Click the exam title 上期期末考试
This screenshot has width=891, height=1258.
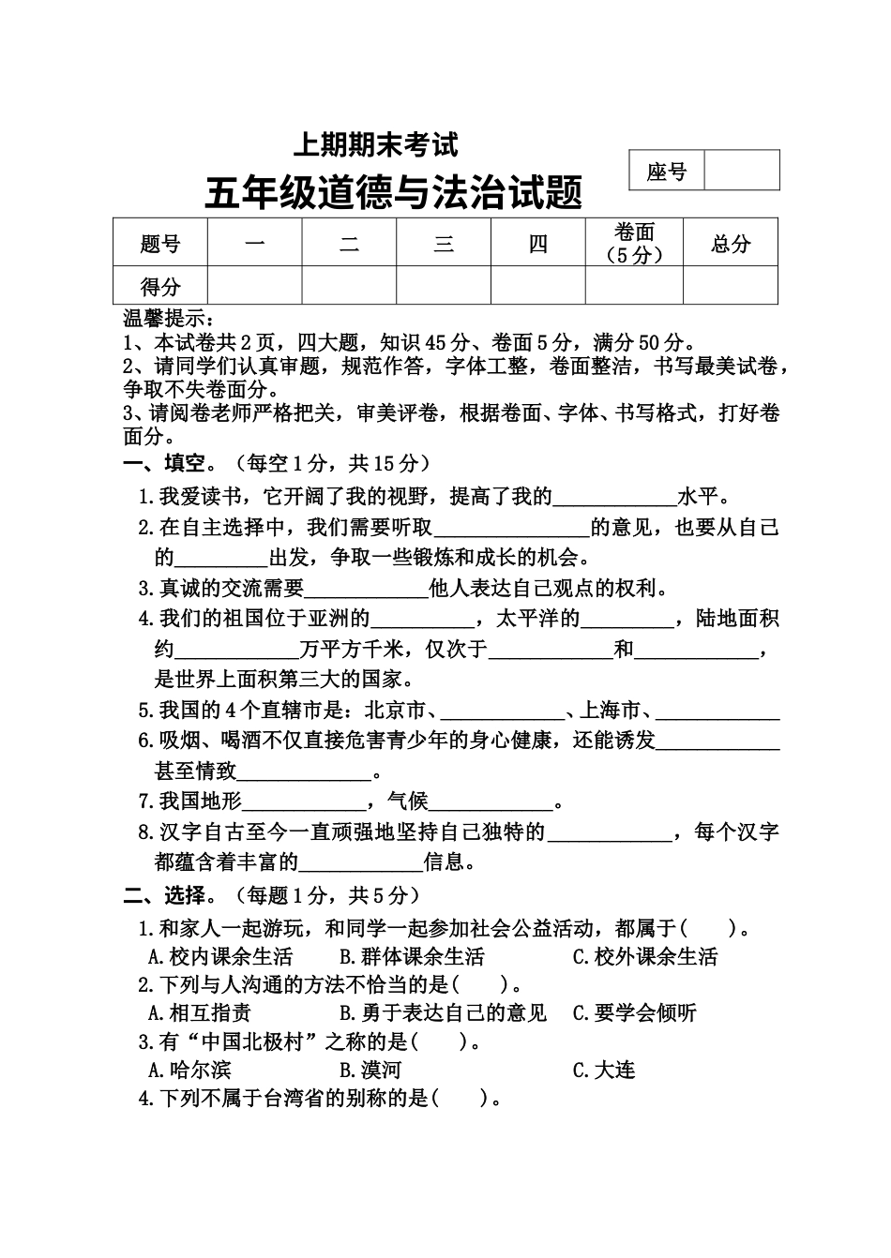tap(375, 145)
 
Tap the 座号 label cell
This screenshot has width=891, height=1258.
tap(666, 171)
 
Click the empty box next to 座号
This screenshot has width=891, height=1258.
tap(741, 171)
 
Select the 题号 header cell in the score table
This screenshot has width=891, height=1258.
tap(159, 243)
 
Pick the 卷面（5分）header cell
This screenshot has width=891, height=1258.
tap(634, 243)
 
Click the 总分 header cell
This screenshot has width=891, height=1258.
tap(731, 243)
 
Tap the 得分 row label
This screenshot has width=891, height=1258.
tap(159, 286)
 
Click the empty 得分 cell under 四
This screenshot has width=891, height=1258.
tap(538, 286)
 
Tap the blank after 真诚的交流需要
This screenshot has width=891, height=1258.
tap(366, 590)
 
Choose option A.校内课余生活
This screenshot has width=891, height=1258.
tap(221, 957)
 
